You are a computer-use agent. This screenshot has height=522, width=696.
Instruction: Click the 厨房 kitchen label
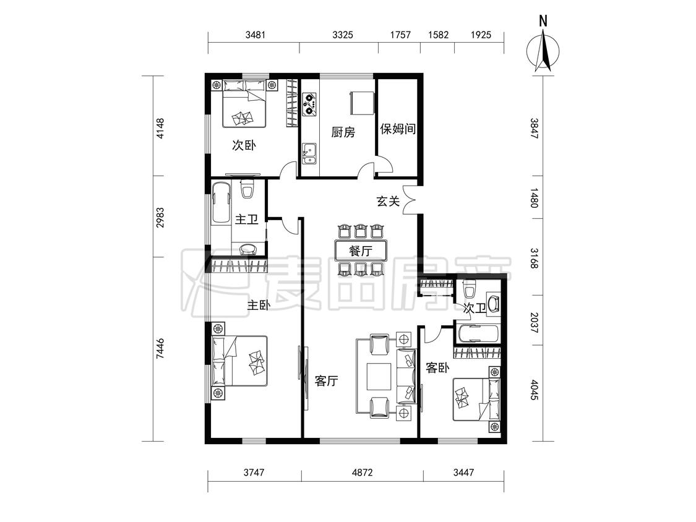pos(343,132)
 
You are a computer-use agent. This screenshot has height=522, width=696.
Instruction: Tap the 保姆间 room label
pos(398,129)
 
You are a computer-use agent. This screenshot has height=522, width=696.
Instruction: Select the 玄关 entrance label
pos(388,201)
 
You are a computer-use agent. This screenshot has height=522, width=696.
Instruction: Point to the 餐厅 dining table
pos(361,250)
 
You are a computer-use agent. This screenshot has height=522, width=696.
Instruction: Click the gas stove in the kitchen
pos(310,104)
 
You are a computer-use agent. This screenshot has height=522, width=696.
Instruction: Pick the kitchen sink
pos(309,153)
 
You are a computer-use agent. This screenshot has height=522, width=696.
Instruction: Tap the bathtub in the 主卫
pos(221,203)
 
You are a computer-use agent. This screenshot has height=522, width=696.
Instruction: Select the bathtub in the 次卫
pos(477,334)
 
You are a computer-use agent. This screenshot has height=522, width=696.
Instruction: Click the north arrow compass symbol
pos(543,53)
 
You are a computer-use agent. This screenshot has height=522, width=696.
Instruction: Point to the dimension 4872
pos(362,473)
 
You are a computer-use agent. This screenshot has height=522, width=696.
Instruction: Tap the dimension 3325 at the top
pos(343,35)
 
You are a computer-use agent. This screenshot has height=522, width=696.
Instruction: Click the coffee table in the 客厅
pos(379,377)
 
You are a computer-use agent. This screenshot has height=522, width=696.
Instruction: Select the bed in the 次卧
pos(244,103)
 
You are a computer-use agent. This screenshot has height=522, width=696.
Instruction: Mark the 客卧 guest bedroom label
pos(437,367)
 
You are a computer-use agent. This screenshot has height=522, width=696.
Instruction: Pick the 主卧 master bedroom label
pos(259,305)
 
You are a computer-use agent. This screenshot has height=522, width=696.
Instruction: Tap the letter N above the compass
pos(543,21)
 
